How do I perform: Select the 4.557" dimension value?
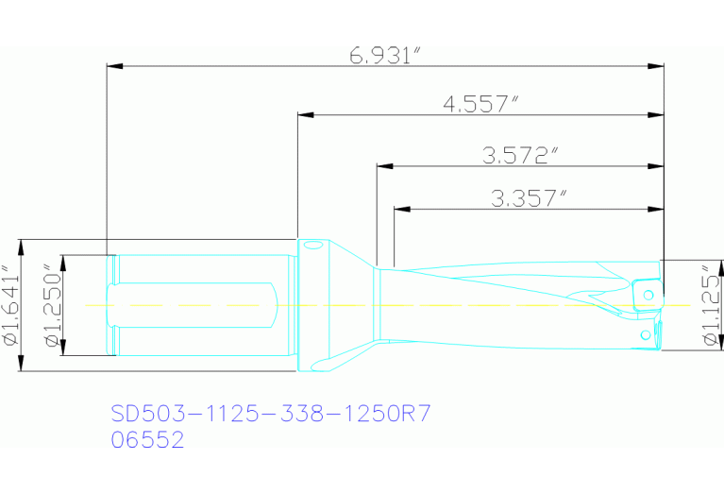click(x=481, y=104)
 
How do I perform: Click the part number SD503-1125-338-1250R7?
click(x=271, y=414)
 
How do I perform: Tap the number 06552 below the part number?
click(x=147, y=439)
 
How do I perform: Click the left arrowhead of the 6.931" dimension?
click(x=114, y=66)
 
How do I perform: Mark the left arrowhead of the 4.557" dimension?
click(x=304, y=115)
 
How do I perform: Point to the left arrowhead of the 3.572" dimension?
click(x=382, y=166)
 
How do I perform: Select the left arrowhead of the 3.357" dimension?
click(x=399, y=208)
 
